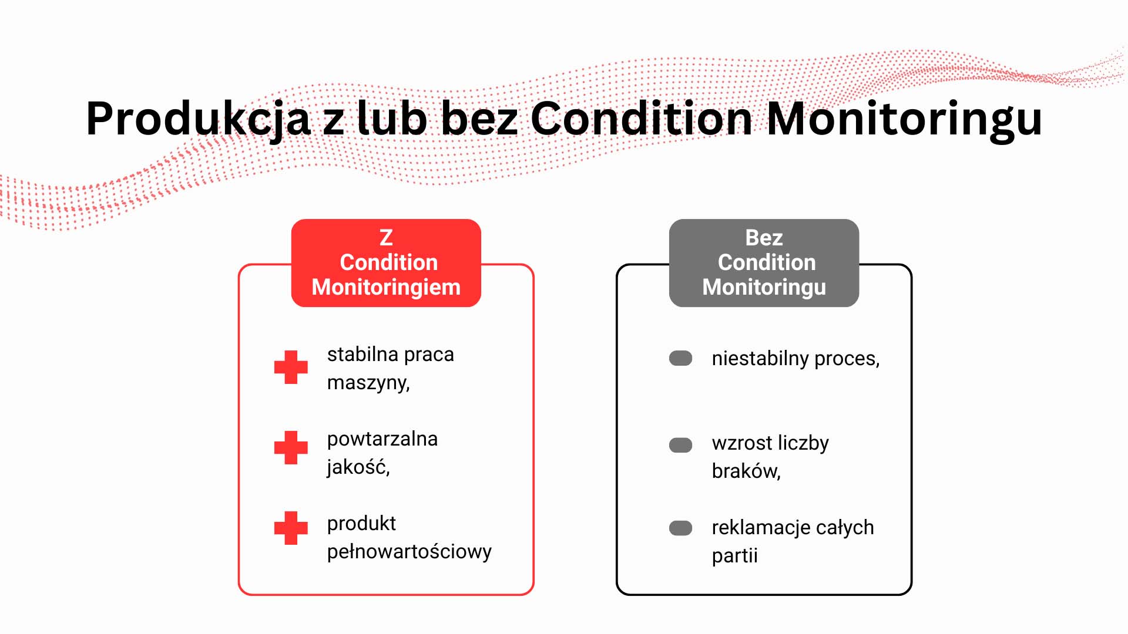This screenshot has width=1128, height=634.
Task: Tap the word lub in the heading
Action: [392, 119]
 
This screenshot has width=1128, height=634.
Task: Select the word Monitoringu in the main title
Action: [904, 119]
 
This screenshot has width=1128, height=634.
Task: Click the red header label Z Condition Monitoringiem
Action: [386, 263]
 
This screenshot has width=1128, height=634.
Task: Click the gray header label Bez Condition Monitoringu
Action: [764, 263]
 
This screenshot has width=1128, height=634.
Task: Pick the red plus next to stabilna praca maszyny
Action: [291, 367]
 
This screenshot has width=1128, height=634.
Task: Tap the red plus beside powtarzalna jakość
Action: [291, 448]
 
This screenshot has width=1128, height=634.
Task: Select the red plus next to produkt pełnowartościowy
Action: [291, 528]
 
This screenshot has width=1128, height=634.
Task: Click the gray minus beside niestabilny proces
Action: [681, 358]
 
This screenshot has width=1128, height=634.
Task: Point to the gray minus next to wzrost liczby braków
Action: [681, 445]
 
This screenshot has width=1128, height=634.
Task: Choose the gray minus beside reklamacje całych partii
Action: [681, 528]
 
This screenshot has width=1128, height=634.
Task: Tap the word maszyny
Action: [368, 383]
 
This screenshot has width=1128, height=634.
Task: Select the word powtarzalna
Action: [382, 439]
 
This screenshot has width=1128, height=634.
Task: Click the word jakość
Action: [358, 467]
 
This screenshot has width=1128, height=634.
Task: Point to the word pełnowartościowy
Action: [409, 552]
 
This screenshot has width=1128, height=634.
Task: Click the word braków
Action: [746, 471]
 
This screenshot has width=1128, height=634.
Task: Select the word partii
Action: [734, 556]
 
